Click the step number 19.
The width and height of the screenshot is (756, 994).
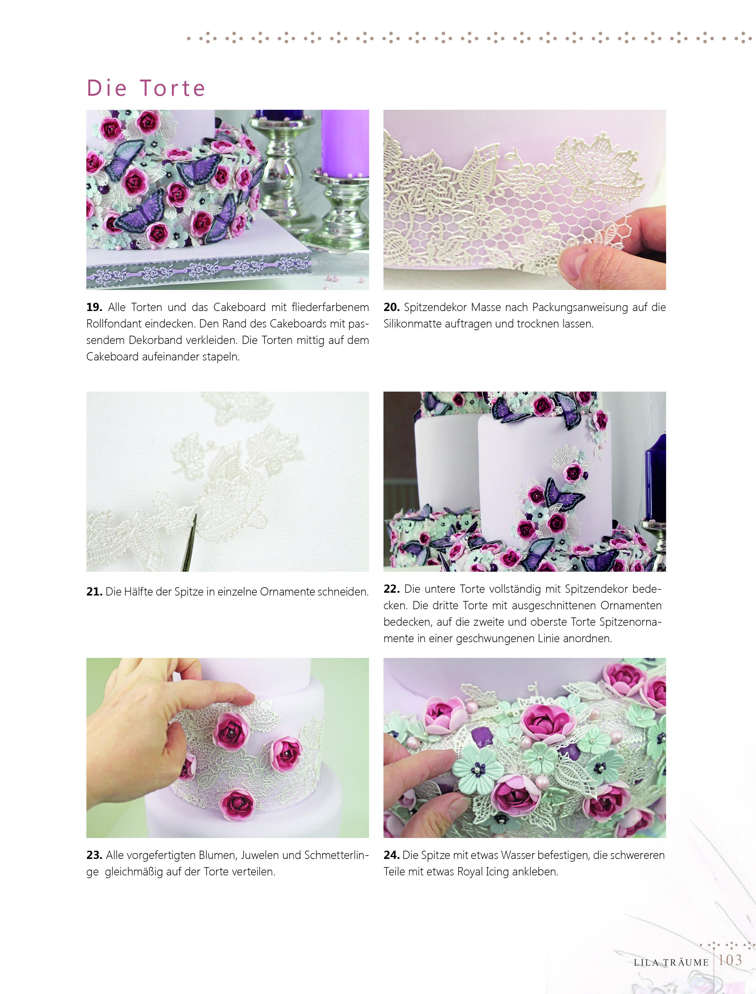coord(94,307)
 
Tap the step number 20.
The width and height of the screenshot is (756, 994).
coord(391,307)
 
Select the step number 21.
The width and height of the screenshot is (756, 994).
coord(94,592)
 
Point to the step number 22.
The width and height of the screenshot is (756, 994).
coord(391,588)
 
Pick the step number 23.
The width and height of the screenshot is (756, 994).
coord(94,855)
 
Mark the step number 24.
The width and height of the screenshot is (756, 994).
coord(391,855)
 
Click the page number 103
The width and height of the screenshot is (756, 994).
coord(730,960)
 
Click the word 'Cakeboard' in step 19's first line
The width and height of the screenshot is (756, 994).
coord(239,307)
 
